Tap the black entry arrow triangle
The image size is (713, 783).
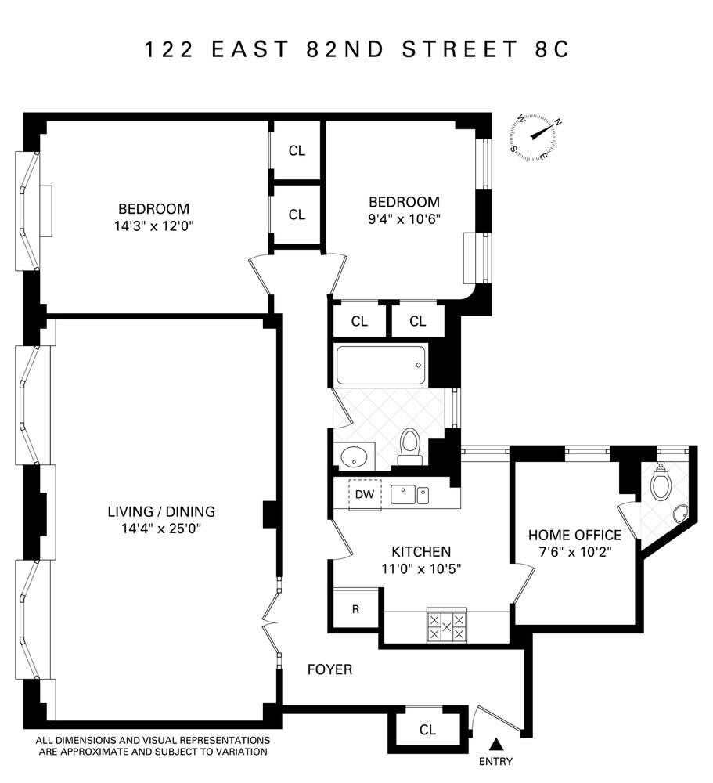pyautogui.click(x=495, y=743)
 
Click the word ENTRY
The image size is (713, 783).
pyautogui.click(x=495, y=762)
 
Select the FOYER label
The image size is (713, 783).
pyautogui.click(x=329, y=669)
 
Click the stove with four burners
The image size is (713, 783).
pyautogui.click(x=446, y=626)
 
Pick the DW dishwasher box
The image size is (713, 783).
pyautogui.click(x=364, y=494)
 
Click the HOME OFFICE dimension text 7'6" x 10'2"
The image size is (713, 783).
pyautogui.click(x=574, y=552)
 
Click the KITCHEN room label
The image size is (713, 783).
pyautogui.click(x=421, y=551)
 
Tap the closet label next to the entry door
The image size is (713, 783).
pyautogui.click(x=427, y=730)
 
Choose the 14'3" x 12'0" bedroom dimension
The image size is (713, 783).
pyautogui.click(x=153, y=226)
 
